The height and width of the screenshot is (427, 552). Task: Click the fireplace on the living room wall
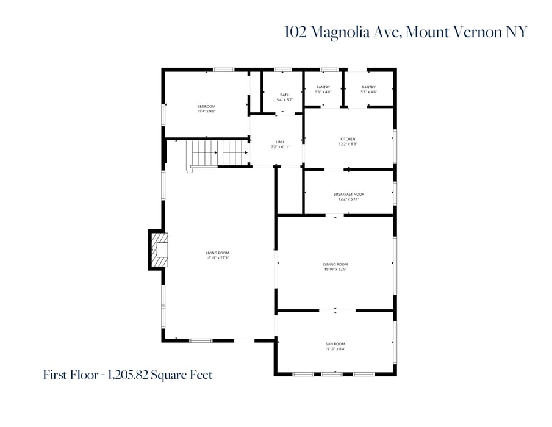(x=157, y=249)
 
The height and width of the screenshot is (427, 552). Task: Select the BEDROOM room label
(x=206, y=107)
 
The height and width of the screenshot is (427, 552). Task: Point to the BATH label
(x=285, y=95)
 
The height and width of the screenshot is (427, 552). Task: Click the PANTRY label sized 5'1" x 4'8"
(x=323, y=87)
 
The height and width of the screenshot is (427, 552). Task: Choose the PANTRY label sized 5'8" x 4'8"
(x=368, y=87)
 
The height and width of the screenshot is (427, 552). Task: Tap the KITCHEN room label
(x=348, y=139)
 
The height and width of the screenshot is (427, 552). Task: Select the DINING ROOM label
(x=335, y=264)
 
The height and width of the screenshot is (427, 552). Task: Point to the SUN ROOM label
(x=335, y=344)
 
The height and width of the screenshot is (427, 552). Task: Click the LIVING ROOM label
(x=217, y=253)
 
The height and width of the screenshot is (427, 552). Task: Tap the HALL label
(x=280, y=142)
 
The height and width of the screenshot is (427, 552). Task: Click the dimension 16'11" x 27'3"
(x=217, y=258)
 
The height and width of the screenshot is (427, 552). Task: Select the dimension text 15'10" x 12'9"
(x=335, y=269)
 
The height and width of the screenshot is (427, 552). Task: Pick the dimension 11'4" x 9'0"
(x=206, y=112)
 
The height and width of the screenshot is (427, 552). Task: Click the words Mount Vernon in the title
(x=468, y=32)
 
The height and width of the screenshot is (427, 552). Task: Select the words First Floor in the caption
(x=67, y=375)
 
